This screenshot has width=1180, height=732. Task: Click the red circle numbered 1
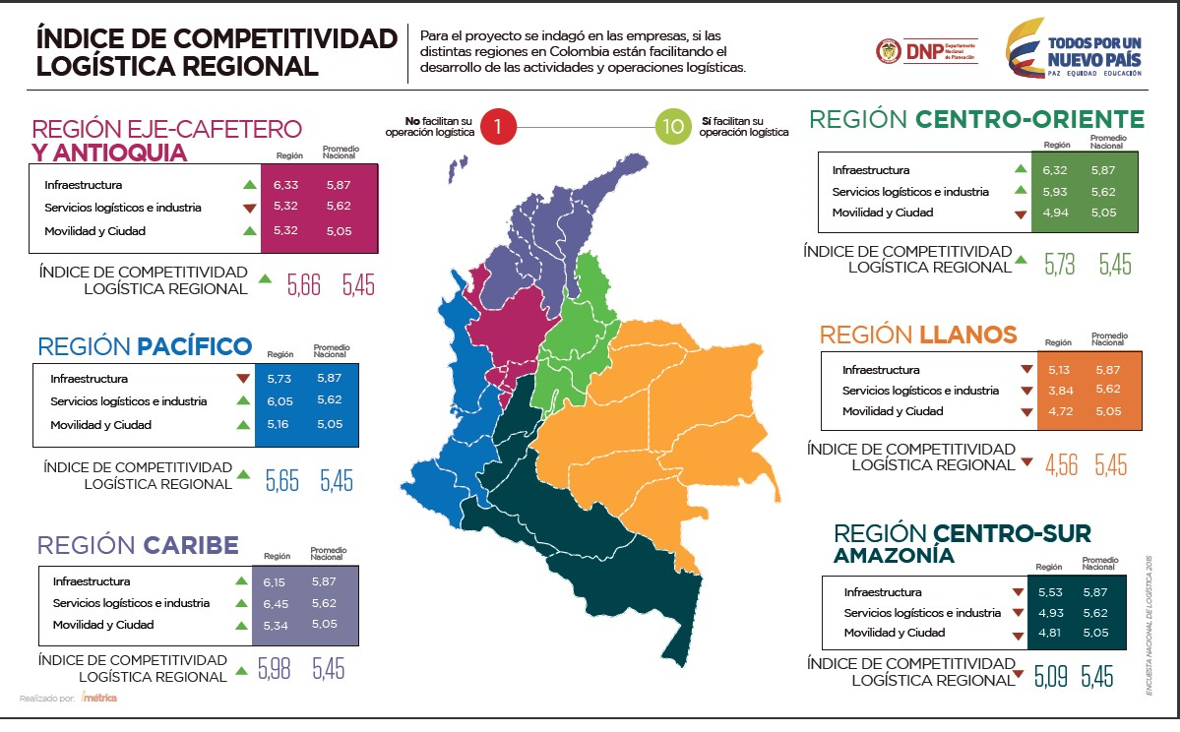pyautogui.click(x=499, y=127)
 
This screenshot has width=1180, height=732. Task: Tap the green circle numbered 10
pyautogui.click(x=674, y=127)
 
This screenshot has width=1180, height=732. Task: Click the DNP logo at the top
pyautogui.click(x=925, y=52)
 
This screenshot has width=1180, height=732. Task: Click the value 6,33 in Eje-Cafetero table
pyautogui.click(x=286, y=185)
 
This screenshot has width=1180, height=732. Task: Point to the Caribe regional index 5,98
pyautogui.click(x=275, y=668)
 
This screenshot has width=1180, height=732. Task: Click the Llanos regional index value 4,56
pyautogui.click(x=1062, y=464)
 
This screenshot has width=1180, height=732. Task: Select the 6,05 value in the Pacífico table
pyautogui.click(x=279, y=401)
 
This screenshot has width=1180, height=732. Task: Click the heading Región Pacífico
pyautogui.click(x=145, y=346)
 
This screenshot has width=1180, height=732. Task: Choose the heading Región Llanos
pyautogui.click(x=918, y=335)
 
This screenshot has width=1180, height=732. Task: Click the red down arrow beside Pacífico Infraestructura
pyautogui.click(x=243, y=379)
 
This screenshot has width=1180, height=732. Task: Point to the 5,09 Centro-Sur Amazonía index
pyautogui.click(x=1050, y=677)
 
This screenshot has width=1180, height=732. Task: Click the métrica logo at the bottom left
pyautogui.click(x=98, y=699)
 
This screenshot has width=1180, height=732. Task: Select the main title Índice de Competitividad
pyautogui.click(x=216, y=52)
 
